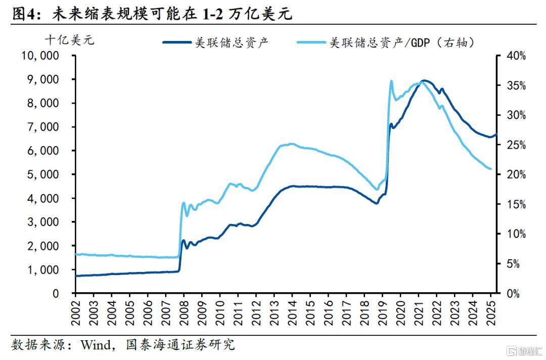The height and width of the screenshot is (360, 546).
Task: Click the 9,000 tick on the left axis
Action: coord(43,79)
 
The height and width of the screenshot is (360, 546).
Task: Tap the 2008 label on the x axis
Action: coord(184,313)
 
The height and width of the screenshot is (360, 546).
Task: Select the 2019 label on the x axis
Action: coord(382,313)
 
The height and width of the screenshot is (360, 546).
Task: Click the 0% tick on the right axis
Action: coord(513,293)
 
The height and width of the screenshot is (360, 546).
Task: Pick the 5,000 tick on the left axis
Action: coord(43,174)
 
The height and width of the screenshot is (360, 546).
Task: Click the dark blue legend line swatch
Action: coord(177,42)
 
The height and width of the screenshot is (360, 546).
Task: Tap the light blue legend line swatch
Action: coord(311,42)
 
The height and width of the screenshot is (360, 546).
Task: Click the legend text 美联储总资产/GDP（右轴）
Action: coord(402,42)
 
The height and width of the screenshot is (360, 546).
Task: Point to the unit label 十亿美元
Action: coord(70,40)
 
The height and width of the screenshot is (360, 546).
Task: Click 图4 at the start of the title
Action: coord(24,14)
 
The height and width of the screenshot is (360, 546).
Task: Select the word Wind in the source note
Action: coord(95,345)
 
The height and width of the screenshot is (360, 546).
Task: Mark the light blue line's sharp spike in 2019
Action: coord(391,81)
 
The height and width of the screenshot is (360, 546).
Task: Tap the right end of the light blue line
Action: coord(490,169)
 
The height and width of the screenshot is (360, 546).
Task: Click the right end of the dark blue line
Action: coord(496,134)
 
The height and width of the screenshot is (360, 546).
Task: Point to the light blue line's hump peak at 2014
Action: coord(292,144)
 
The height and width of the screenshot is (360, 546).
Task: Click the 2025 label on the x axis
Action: coord(490,313)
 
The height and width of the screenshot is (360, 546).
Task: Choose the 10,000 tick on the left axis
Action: coord(40,55)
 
